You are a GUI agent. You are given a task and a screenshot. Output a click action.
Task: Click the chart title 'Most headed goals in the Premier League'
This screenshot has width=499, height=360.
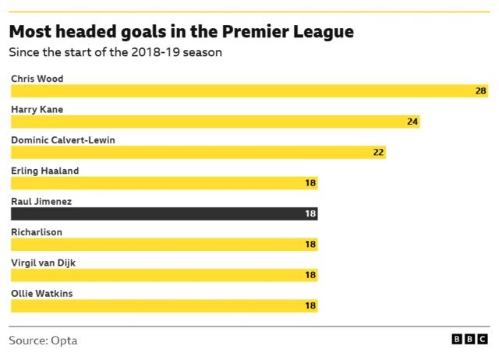pos(181,33)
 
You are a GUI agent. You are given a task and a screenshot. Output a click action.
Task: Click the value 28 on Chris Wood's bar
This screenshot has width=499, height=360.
pos(481,91)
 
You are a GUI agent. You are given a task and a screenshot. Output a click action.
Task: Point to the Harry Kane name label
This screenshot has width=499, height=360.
pos(37,109)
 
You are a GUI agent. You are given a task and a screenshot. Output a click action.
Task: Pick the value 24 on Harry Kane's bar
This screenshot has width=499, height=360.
pos(412,122)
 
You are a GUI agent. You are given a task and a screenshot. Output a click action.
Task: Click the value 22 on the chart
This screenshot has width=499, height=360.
pos(378,152)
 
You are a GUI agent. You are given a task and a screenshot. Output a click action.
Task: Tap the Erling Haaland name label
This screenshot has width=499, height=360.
pos(44,171)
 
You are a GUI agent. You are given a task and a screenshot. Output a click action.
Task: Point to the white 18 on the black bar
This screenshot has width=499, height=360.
pos(310,214)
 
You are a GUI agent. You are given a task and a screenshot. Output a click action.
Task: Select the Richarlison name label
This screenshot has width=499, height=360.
pos(37,231)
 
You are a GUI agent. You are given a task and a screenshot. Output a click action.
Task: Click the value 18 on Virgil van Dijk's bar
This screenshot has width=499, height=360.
pos(310,275)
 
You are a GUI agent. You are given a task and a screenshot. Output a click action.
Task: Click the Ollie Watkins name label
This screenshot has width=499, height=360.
pos(42,293)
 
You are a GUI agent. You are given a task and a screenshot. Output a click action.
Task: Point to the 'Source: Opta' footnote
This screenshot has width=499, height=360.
pos(43,341)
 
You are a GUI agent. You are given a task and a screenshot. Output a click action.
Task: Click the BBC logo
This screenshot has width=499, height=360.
pos(470,341)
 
